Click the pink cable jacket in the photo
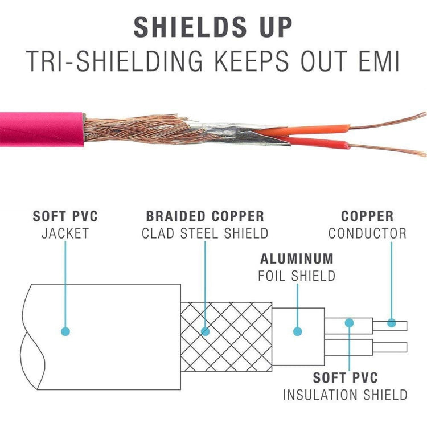(x=40, y=128)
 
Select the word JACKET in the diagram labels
(x=65, y=233)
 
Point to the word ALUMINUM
(x=297, y=258)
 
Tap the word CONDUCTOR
(x=367, y=233)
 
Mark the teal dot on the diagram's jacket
(x=65, y=331)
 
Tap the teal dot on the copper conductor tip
(x=392, y=323)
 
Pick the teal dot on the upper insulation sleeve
(x=349, y=323)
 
